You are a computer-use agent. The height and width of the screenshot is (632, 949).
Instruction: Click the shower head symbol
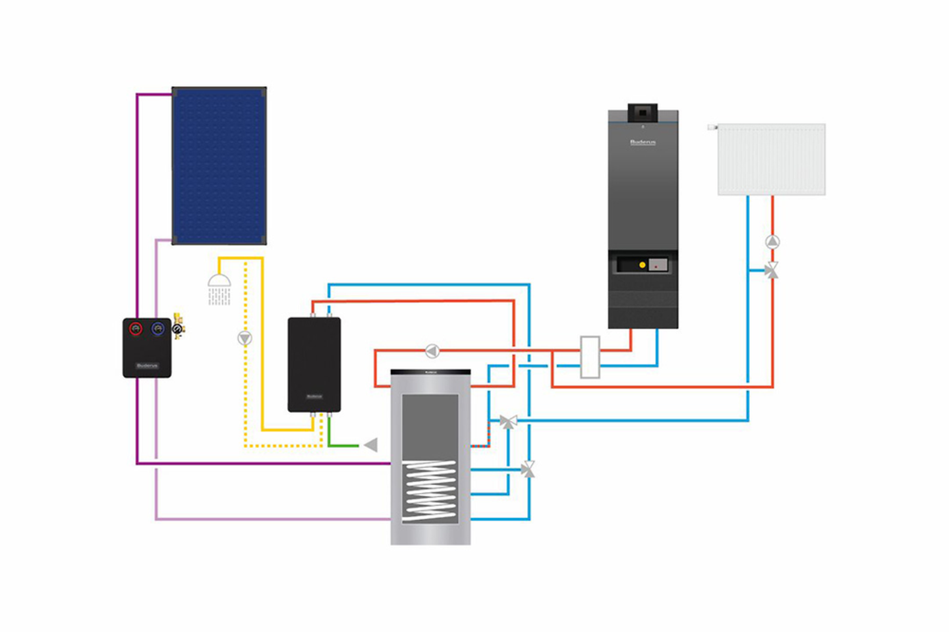pyautogui.click(x=219, y=282)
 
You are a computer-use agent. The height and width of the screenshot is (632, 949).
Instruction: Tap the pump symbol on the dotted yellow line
pyautogui.click(x=244, y=338)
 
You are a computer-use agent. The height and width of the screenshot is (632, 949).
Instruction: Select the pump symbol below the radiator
pyautogui.click(x=772, y=242)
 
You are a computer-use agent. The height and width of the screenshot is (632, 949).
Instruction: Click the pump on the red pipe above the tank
pyautogui.click(x=432, y=351)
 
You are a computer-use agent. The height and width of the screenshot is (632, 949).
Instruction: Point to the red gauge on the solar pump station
pyautogui.click(x=136, y=329)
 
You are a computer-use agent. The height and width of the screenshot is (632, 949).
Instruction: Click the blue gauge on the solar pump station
pyautogui.click(x=158, y=329)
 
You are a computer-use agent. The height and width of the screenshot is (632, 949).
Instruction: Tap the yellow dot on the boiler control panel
pyautogui.click(x=642, y=265)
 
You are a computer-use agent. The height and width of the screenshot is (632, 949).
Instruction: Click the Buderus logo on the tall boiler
pyautogui.click(x=643, y=142)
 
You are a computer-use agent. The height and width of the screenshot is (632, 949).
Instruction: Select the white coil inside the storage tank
pyautogui.click(x=430, y=490)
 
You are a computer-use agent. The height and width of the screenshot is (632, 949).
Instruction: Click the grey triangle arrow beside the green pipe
pyautogui.click(x=371, y=446)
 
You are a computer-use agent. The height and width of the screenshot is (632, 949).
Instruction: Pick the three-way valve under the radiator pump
pyautogui.click(x=771, y=270)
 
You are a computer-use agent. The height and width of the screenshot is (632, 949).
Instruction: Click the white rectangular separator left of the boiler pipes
pyautogui.click(x=590, y=357)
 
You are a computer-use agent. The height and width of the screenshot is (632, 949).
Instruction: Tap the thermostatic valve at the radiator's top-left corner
pyautogui.click(x=712, y=127)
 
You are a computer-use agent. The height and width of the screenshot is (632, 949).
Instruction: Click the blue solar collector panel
pyautogui.click(x=219, y=165)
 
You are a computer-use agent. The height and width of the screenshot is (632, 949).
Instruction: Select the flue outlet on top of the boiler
pyautogui.click(x=643, y=113)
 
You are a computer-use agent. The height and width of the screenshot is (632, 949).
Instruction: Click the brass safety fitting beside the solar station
pyautogui.click(x=178, y=326)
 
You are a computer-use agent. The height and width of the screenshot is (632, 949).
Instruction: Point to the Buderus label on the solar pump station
pyautogui.click(x=147, y=365)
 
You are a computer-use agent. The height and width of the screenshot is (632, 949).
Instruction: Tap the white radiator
pyautogui.click(x=771, y=159)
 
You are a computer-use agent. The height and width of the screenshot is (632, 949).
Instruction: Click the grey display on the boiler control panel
pyautogui.click(x=658, y=265)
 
